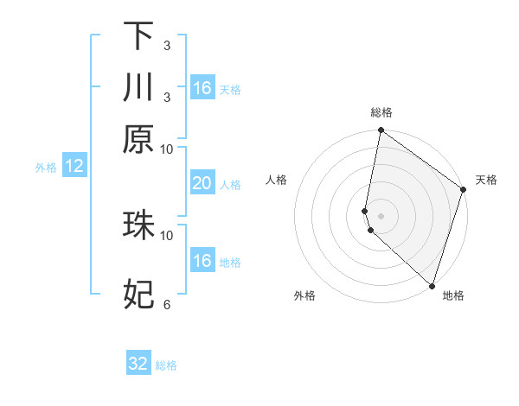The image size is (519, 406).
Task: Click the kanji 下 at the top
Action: (138, 36)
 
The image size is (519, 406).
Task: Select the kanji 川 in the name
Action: (138, 88)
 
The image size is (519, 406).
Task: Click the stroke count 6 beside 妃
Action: (167, 304)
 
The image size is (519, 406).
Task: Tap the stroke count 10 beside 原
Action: (167, 149)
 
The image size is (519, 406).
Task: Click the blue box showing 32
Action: (138, 364)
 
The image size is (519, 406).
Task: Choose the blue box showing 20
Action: (202, 183)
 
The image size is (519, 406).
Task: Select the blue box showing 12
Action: (74, 167)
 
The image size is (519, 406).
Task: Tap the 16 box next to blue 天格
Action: (202, 88)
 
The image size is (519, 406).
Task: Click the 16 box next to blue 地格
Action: (202, 261)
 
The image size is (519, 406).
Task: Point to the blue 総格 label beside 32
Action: (166, 365)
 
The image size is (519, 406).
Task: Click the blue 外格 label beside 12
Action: (46, 168)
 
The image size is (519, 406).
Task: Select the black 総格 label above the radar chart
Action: (381, 112)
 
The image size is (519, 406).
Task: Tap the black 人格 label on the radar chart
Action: (277, 180)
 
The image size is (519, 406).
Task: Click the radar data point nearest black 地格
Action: (432, 286)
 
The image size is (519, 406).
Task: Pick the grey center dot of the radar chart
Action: (381, 215)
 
